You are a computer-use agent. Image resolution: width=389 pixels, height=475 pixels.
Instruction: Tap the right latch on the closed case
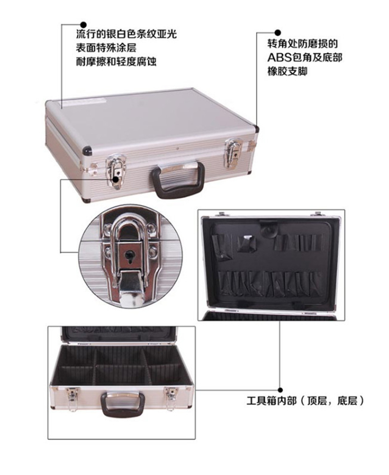coord(234,152)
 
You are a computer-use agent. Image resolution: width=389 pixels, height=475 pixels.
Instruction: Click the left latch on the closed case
coord(115,171)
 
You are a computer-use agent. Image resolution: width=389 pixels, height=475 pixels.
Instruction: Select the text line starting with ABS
coord(305,58)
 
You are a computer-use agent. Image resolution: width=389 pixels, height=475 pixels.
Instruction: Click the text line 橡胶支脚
coord(287,71)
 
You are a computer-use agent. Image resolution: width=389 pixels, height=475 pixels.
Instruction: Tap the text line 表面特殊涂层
coord(106,48)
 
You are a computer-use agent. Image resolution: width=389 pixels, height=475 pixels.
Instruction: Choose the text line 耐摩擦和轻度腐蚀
coord(116,62)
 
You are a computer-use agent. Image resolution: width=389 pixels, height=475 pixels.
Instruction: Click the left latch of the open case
coord(72,399)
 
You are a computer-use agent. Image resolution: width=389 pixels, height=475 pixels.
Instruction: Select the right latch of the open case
coord(171,398)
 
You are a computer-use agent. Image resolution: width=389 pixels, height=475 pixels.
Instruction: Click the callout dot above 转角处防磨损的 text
coord(278,33)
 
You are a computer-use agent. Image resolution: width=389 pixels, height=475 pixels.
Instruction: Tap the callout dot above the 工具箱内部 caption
coord(280,390)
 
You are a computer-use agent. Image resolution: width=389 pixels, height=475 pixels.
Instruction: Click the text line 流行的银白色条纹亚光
coord(126,34)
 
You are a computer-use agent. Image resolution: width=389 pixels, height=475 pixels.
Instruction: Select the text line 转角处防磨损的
coord(302,44)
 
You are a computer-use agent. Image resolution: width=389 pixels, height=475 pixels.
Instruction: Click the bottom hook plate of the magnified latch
coord(131,288)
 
